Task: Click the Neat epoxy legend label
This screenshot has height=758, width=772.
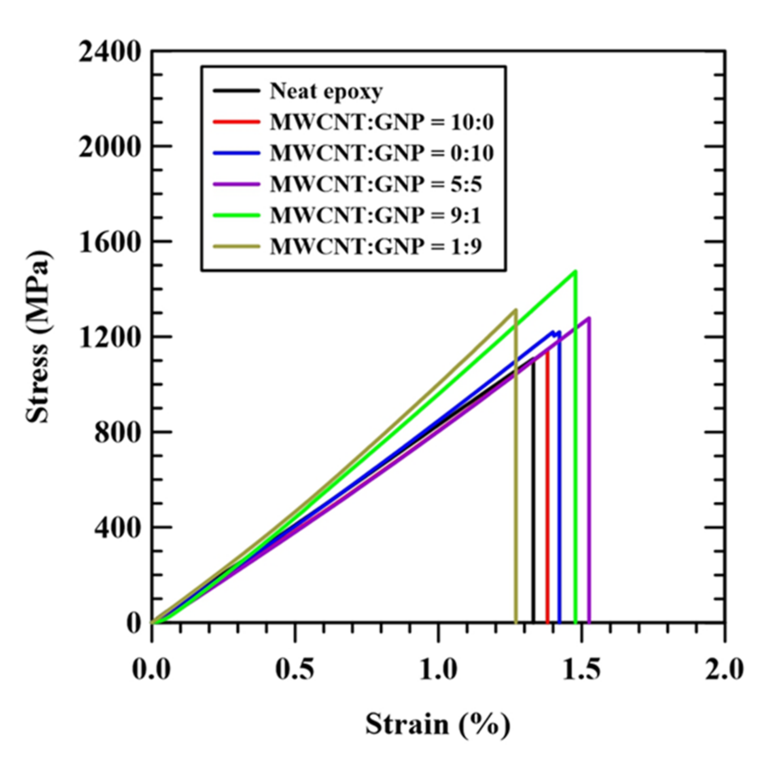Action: pyautogui.click(x=326, y=91)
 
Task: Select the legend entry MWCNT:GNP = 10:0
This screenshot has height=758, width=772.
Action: pyautogui.click(x=382, y=122)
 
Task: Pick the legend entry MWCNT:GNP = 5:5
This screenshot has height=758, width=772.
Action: pyautogui.click(x=376, y=184)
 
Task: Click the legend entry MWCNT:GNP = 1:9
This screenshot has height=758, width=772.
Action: pyautogui.click(x=376, y=246)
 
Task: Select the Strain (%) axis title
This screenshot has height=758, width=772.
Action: pyautogui.click(x=437, y=724)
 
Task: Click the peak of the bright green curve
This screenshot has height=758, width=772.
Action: pyautogui.click(x=575, y=271)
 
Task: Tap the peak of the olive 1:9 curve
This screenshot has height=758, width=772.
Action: pyautogui.click(x=515, y=310)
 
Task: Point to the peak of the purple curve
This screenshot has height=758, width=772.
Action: pyautogui.click(x=588, y=318)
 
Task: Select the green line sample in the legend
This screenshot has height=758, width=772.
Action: pyautogui.click(x=236, y=215)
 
